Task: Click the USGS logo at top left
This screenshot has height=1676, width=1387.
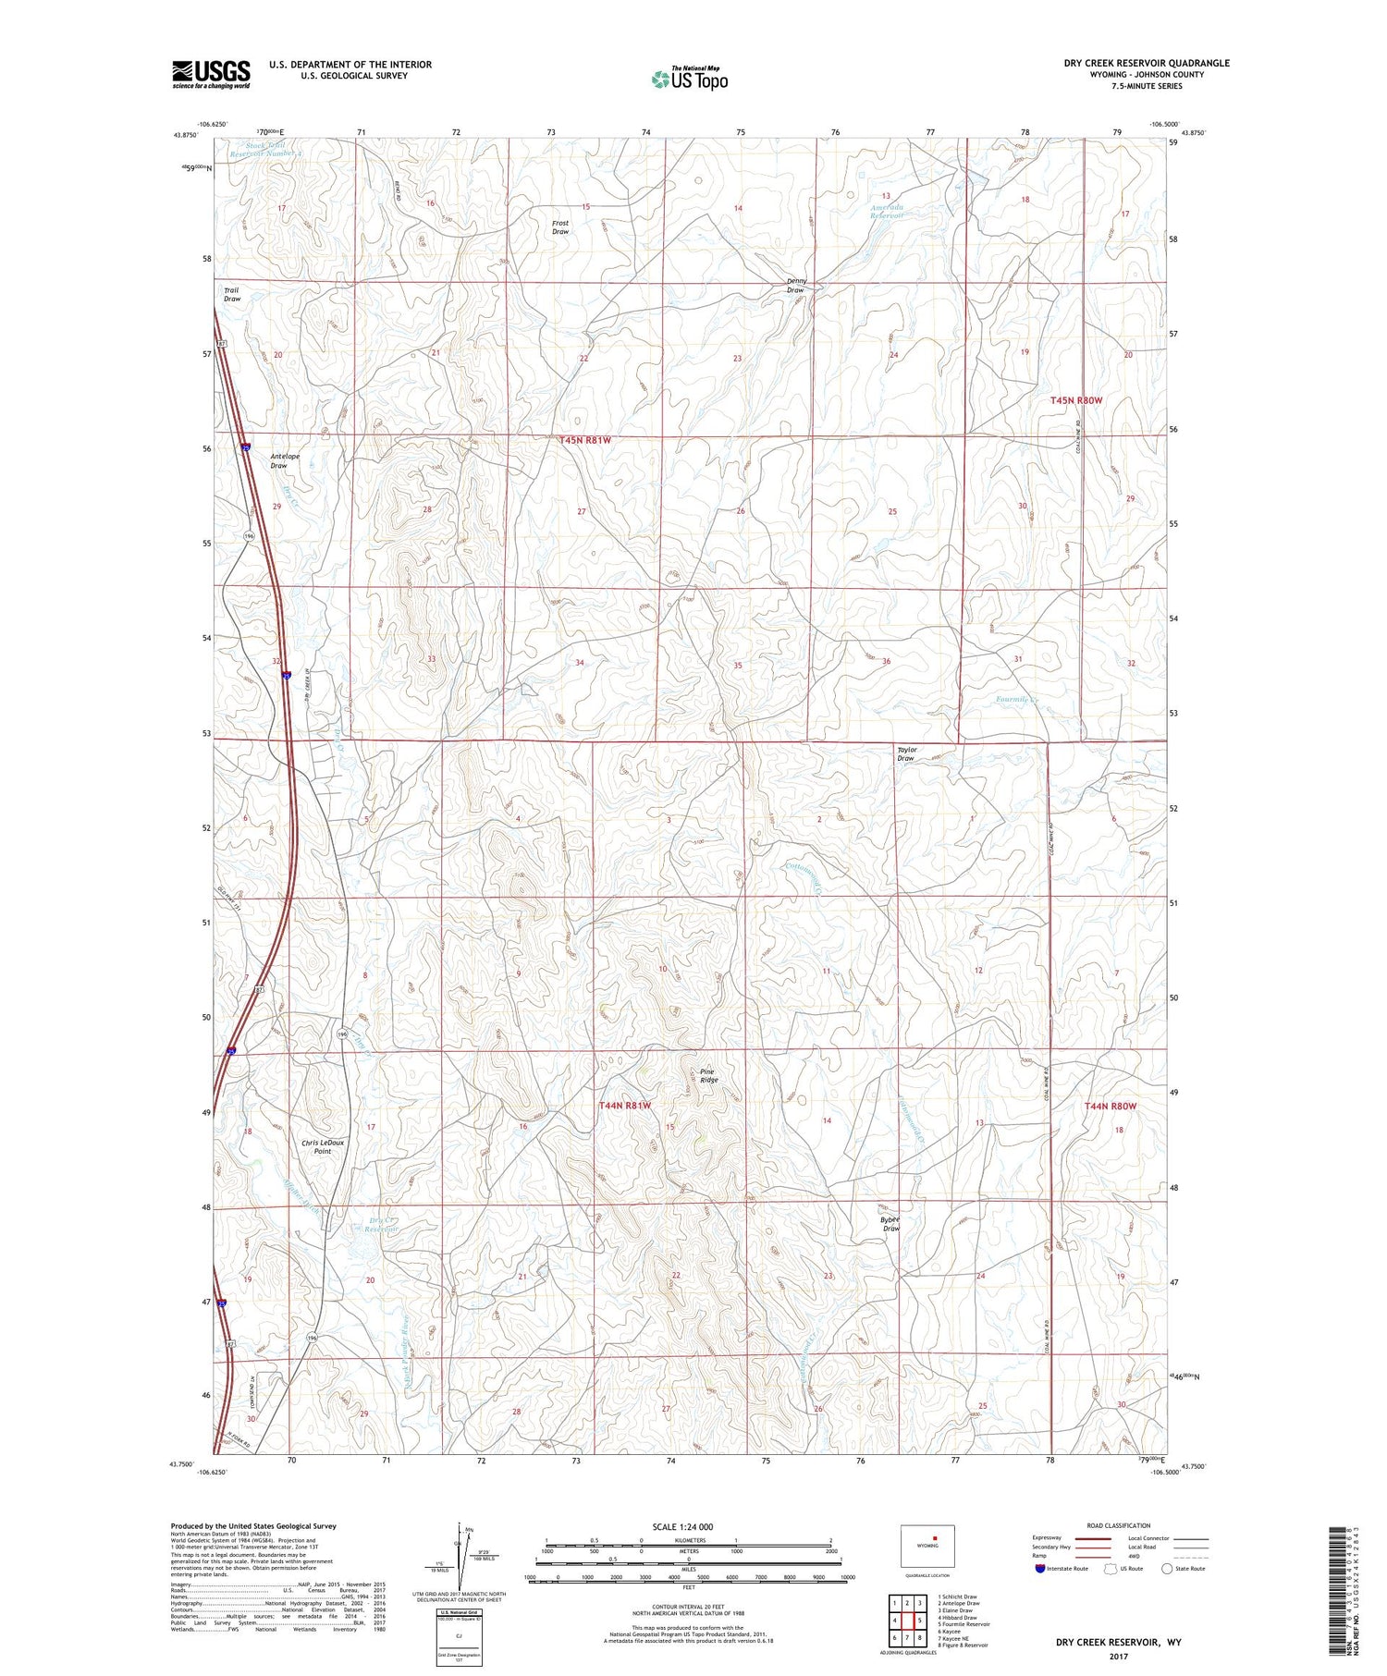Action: pos(211,74)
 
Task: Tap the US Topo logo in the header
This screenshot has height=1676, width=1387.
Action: pos(689,79)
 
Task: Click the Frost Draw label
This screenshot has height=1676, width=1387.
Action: pos(560,227)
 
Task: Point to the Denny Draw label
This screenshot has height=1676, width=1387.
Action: pos(795,286)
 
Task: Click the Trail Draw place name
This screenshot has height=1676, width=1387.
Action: pos(231,294)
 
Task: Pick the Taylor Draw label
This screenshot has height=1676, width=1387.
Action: pos(906,754)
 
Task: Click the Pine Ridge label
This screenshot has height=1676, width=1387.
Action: pos(708,1076)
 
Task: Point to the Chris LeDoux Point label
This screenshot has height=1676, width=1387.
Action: pos(322,1146)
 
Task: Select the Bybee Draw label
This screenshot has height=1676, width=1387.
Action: pos(890,1224)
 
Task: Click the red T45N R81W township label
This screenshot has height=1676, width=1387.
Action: pos(585,441)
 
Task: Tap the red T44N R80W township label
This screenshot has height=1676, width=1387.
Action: pos(1110,1106)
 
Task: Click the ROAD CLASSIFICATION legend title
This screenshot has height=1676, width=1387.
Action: pos(1119,1525)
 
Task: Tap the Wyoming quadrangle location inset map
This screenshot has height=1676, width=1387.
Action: pos(927,1545)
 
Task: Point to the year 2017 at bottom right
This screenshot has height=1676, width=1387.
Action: pos(1119,1657)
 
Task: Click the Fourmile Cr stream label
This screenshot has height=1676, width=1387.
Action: pos(1018,699)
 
